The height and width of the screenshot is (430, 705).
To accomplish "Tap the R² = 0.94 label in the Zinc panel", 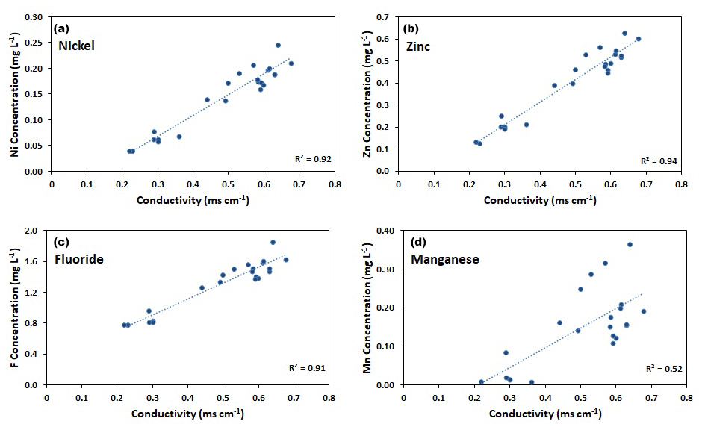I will click(654, 161).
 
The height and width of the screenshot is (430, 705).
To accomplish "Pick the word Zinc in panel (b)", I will click(418, 46).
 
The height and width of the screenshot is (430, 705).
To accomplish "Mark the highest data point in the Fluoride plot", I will click(273, 242).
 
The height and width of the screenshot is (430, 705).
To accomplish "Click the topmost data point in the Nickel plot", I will click(278, 45).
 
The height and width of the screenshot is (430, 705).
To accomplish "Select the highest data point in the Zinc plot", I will click(624, 33).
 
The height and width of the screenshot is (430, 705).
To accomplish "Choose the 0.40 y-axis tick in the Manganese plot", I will click(387, 231).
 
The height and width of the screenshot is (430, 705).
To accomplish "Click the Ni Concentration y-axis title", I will click(15, 93).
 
